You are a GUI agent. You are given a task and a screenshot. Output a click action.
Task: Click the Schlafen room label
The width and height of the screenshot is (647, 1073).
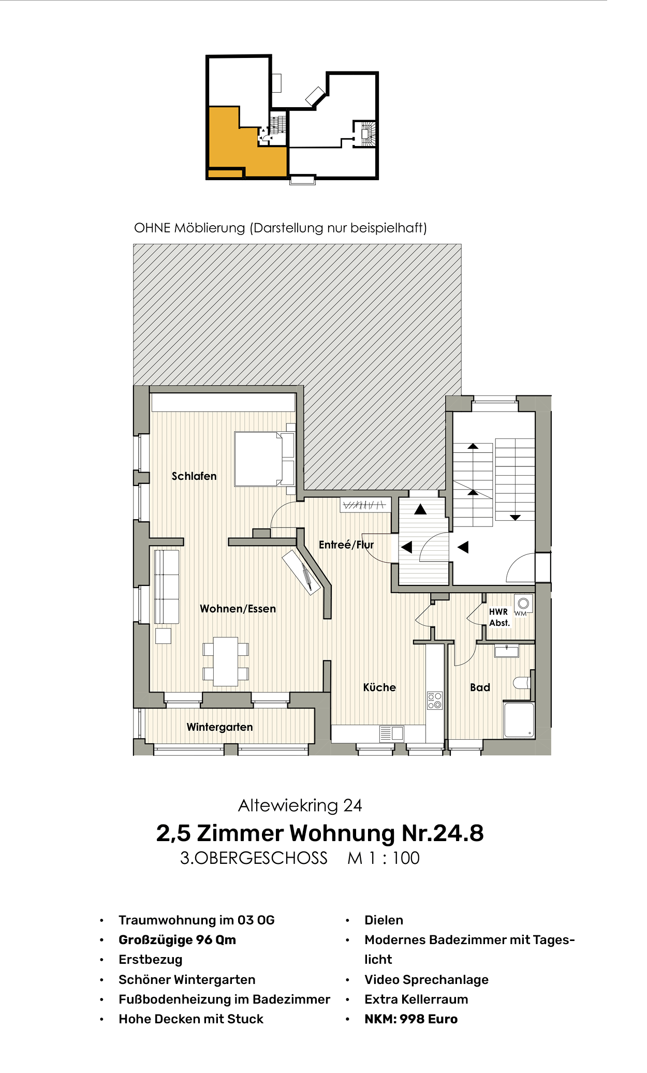[194, 476]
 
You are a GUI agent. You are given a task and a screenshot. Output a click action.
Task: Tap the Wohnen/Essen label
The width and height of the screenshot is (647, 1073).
[238, 609]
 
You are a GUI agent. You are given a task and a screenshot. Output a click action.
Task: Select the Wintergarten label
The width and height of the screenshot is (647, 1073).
[219, 727]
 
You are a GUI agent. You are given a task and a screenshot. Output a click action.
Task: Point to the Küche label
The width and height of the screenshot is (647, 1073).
[379, 687]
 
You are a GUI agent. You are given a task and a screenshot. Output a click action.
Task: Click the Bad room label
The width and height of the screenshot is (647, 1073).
[480, 687]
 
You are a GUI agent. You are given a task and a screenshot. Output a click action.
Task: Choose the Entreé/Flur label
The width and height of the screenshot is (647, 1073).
[346, 545]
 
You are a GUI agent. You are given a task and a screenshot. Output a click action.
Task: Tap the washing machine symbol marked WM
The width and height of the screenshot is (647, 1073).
[523, 604]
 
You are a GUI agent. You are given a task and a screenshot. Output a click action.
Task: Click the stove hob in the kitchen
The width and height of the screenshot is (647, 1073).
[435, 700]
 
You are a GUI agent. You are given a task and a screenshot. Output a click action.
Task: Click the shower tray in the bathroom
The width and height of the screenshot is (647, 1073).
[519, 720]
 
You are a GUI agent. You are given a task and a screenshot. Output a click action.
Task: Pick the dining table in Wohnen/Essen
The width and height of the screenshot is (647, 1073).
[226, 662]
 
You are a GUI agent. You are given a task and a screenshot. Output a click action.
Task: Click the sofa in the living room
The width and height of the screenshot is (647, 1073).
[167, 587]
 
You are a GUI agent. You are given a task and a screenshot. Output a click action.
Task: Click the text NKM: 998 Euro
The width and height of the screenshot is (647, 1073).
[411, 1019]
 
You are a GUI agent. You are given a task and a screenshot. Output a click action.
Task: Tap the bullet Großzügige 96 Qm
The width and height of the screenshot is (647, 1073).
[177, 940]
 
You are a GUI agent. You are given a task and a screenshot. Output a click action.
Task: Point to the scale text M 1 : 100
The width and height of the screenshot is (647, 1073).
[383, 858]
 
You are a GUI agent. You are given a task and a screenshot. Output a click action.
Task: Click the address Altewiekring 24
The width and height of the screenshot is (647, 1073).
[300, 805]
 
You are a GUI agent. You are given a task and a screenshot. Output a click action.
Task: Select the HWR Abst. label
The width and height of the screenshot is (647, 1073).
[499, 617]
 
